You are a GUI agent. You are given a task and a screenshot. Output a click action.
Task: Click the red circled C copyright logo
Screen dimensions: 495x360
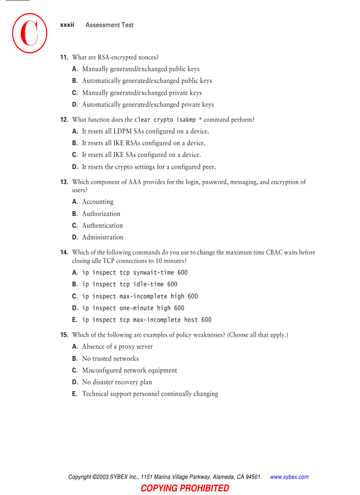[x=30, y=33]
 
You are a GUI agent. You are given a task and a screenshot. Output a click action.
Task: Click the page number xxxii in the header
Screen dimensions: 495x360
[x=67, y=25]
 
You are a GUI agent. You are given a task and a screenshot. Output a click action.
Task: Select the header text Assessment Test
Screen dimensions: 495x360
[x=109, y=25]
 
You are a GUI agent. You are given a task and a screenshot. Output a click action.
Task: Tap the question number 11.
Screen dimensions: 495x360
[x=64, y=57]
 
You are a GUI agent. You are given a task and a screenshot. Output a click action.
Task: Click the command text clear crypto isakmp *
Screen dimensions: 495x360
[x=168, y=119]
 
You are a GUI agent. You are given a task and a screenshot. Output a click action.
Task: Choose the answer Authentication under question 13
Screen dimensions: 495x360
[x=102, y=225]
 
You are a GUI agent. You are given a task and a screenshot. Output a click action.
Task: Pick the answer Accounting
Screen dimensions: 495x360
[x=97, y=201]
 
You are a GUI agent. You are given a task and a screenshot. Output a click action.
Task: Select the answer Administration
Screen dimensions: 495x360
[x=103, y=237]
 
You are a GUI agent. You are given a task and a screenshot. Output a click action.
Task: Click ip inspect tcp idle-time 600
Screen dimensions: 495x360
[x=130, y=284]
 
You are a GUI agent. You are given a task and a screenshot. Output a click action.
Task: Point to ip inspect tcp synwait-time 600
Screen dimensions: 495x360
[x=135, y=272]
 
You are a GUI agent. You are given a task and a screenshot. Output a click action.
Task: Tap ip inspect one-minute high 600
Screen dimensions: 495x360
[x=133, y=308]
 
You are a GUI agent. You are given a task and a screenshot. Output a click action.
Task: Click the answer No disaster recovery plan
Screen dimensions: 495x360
[x=117, y=382]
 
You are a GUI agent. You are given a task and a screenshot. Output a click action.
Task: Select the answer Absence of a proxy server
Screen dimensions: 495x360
[x=117, y=346]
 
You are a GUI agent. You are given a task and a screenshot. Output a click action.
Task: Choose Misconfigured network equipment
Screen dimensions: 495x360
[x=130, y=370]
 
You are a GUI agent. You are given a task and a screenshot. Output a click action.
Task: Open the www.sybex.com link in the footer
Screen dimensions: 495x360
[x=289, y=477]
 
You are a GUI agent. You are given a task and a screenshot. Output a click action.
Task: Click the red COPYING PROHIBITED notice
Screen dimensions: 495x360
[x=185, y=488]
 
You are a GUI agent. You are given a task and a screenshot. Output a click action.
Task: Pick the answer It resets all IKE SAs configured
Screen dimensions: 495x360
[x=141, y=155]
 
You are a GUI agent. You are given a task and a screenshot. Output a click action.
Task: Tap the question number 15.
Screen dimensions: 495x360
[x=64, y=335]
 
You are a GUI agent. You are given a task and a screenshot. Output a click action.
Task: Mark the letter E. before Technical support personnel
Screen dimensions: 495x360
[x=75, y=394]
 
